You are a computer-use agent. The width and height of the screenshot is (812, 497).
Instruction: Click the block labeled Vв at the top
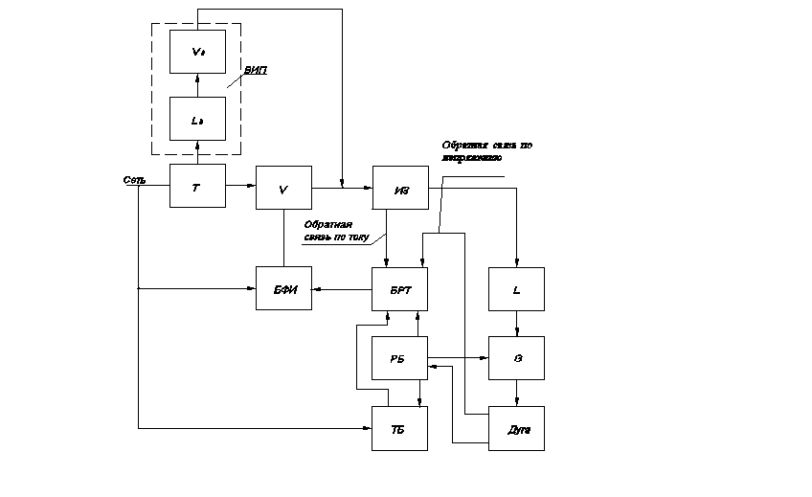(x=197, y=52)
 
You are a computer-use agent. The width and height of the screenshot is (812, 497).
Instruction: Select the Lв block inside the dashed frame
(x=197, y=119)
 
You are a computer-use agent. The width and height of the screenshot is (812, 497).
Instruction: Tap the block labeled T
(x=197, y=187)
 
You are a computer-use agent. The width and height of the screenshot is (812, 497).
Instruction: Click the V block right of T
(x=283, y=187)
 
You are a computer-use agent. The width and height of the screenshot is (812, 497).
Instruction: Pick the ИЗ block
(x=400, y=188)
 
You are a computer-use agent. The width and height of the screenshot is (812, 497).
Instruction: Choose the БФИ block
(x=283, y=289)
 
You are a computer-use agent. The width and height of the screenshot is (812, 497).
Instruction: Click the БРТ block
(x=400, y=289)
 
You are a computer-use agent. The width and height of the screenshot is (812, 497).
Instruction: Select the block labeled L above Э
(x=517, y=289)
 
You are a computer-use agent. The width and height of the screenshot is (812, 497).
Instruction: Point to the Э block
(x=517, y=358)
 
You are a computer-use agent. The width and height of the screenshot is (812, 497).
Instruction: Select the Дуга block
(x=517, y=428)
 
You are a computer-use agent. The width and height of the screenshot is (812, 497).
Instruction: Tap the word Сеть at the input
(x=134, y=179)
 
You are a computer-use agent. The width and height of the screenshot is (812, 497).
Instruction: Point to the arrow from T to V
(x=241, y=187)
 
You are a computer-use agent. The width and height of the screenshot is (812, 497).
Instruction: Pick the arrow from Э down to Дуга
(x=517, y=394)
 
